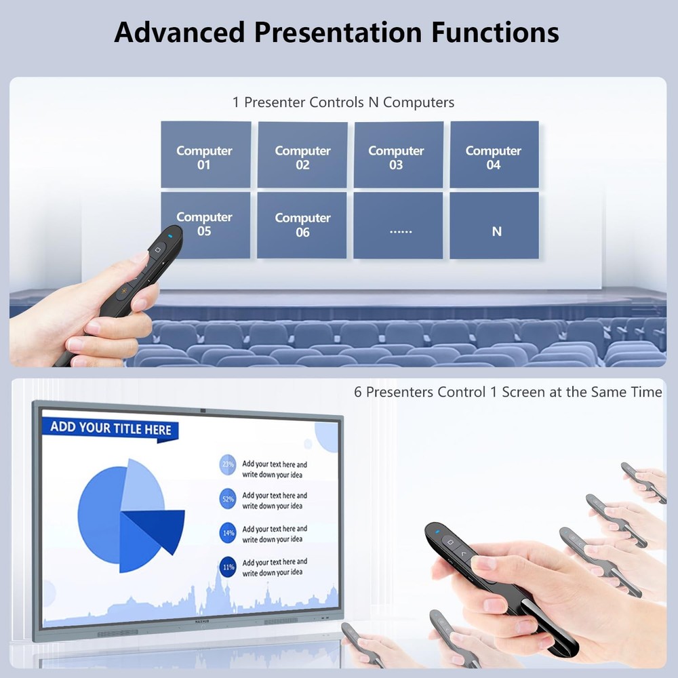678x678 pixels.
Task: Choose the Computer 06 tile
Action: pos(302,225)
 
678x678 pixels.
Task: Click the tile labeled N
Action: pos(496,231)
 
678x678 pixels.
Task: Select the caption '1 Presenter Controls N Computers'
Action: pos(343,102)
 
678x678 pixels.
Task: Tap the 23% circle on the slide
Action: pos(228,465)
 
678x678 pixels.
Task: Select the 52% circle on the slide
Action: pos(228,499)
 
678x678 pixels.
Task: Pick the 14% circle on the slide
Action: pos(228,533)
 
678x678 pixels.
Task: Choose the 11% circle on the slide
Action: pos(228,567)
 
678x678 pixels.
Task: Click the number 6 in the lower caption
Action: pos(358,393)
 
